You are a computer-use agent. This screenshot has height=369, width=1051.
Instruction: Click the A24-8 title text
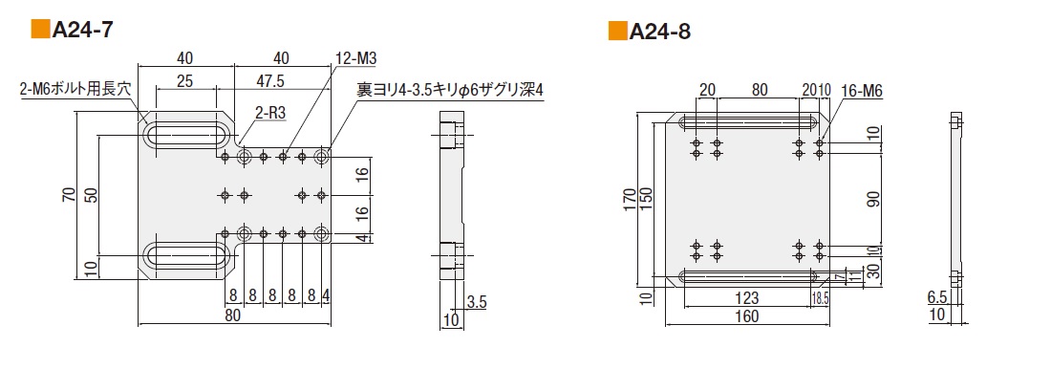coord(659,32)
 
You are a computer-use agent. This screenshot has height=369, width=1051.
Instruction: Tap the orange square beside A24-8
coord(617,32)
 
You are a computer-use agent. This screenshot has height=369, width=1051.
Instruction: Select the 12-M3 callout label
coord(355,59)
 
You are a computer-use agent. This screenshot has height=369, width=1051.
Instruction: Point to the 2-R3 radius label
coord(270,113)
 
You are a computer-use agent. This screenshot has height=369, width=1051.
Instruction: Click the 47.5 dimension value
coord(270,81)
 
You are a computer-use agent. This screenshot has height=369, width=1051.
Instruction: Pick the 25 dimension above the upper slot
coord(185,81)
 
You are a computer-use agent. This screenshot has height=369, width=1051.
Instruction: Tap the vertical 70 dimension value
coord(69,195)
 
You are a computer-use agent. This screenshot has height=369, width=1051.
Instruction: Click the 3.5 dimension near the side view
coord(477,302)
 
